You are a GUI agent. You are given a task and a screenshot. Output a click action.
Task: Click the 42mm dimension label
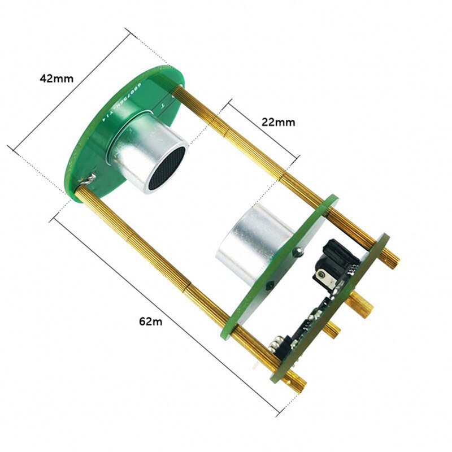(56, 79)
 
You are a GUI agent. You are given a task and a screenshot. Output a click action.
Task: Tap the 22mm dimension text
(278, 121)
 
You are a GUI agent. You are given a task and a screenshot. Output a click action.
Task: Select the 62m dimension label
(151, 321)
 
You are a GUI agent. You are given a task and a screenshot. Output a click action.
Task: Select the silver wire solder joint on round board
(88, 179)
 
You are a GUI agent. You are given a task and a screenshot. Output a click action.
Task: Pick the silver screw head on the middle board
(297, 253)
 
